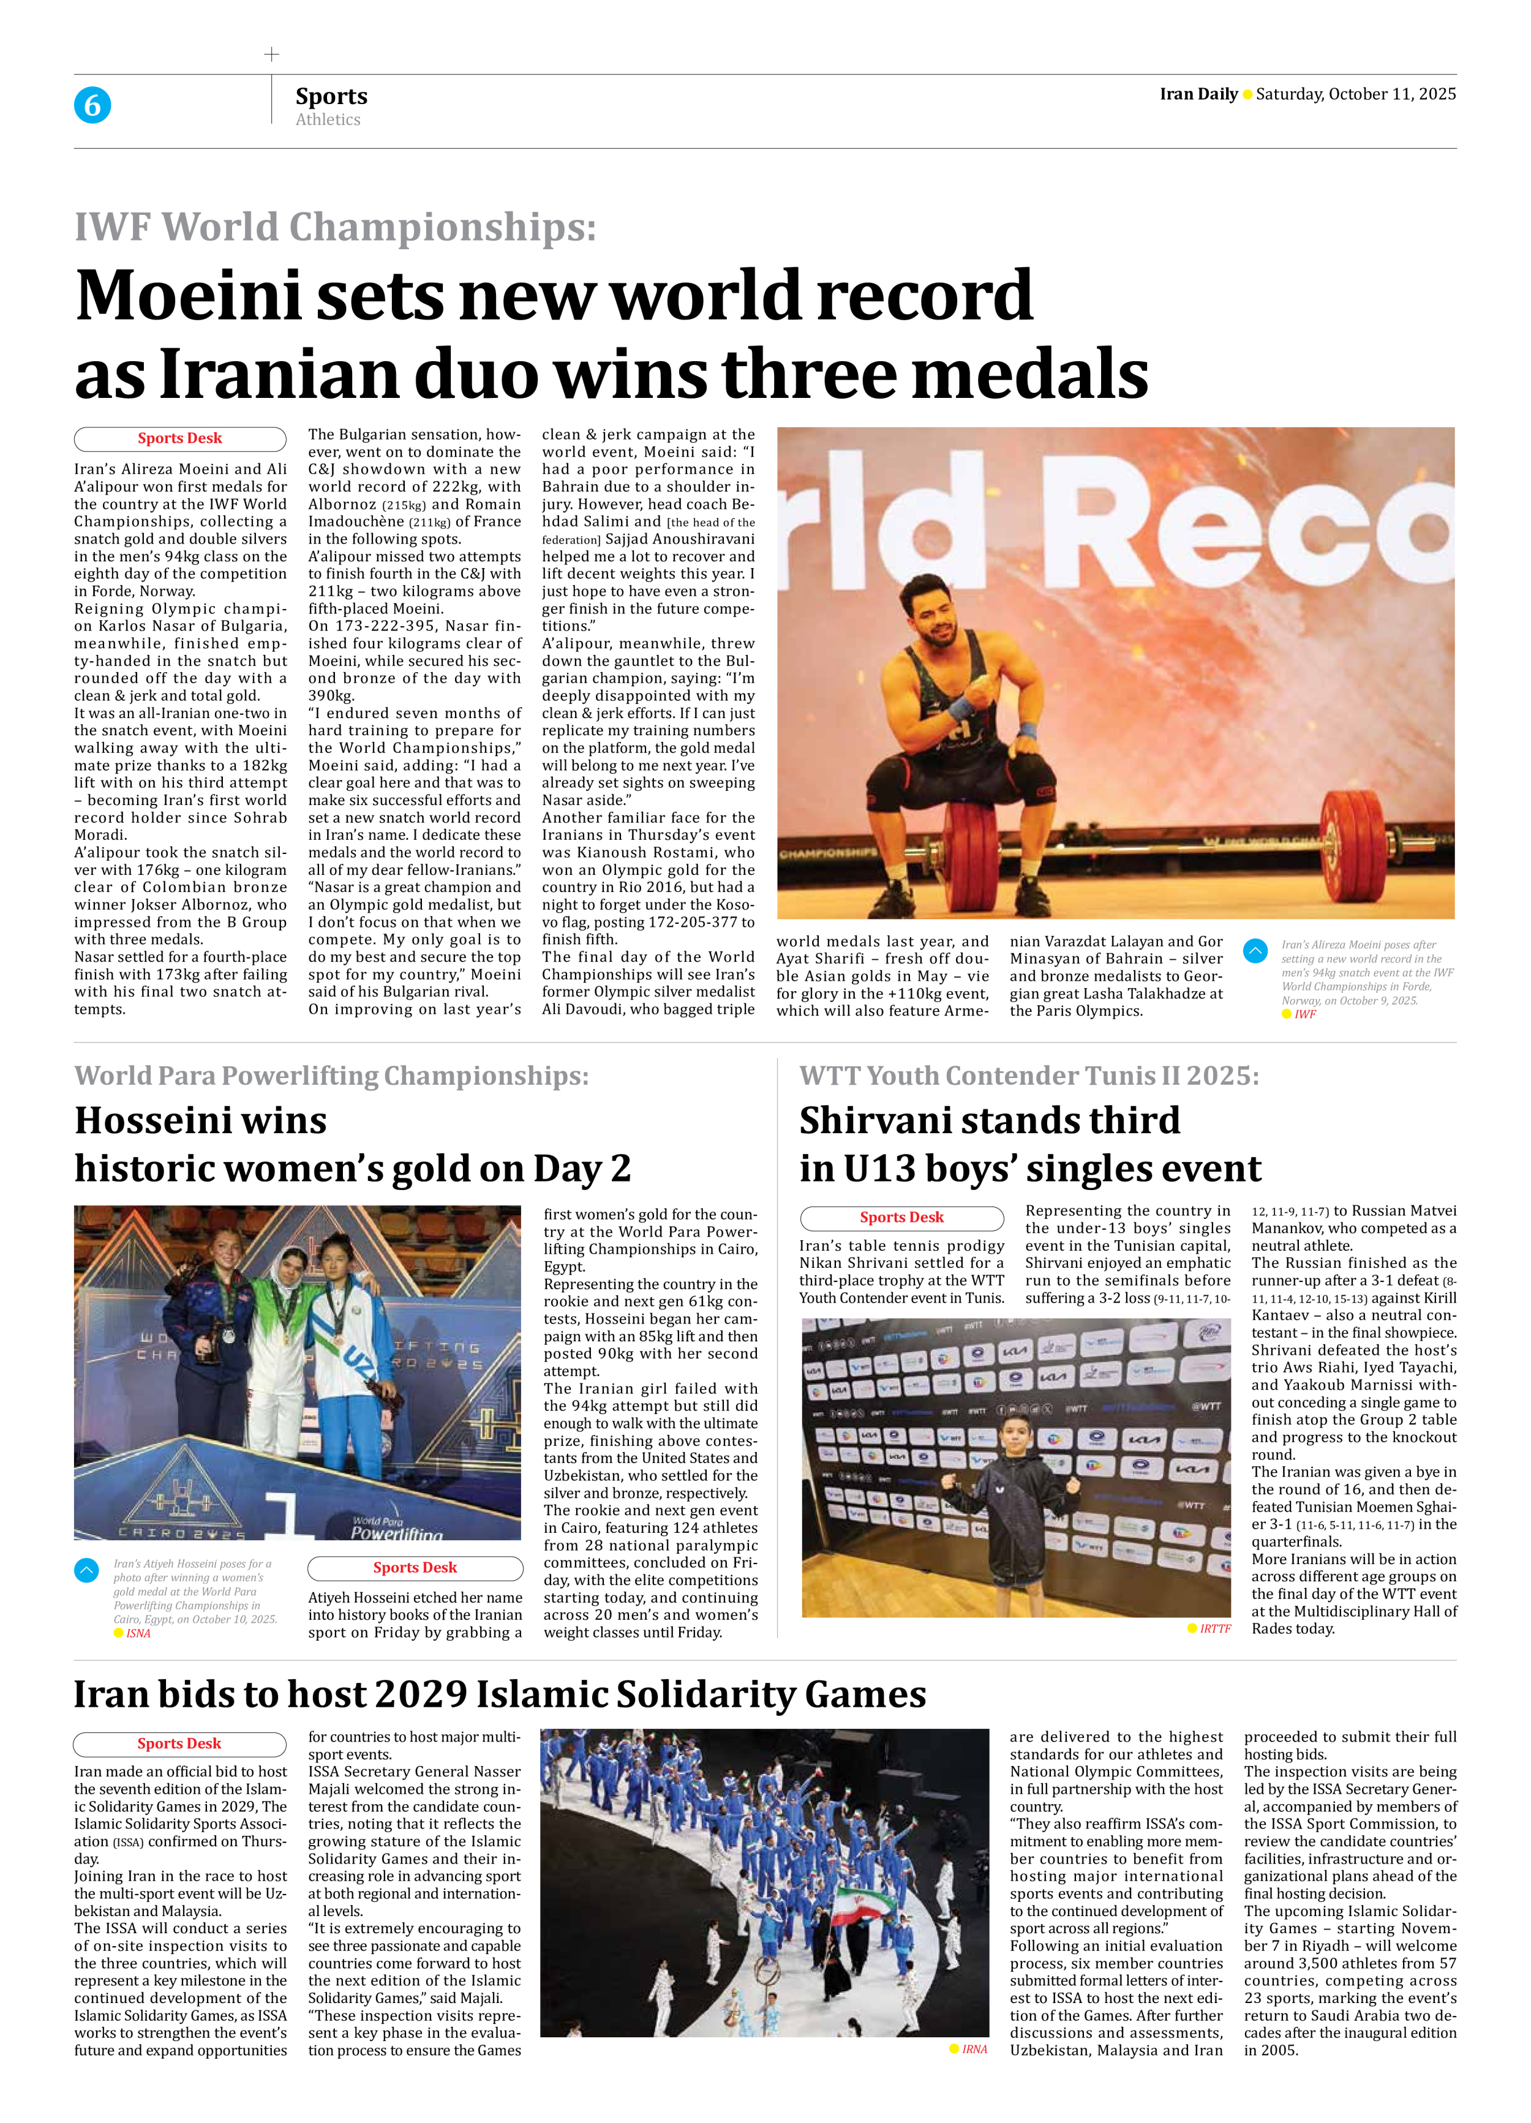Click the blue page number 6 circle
coord(92,105)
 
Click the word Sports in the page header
coord(331,96)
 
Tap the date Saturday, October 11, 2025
coord(1355,94)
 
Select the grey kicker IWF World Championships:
coord(335,228)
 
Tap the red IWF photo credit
coord(1304,1014)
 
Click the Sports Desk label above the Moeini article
coord(180,438)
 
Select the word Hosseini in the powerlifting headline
coord(200,1120)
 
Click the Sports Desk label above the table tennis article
coord(901,1217)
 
